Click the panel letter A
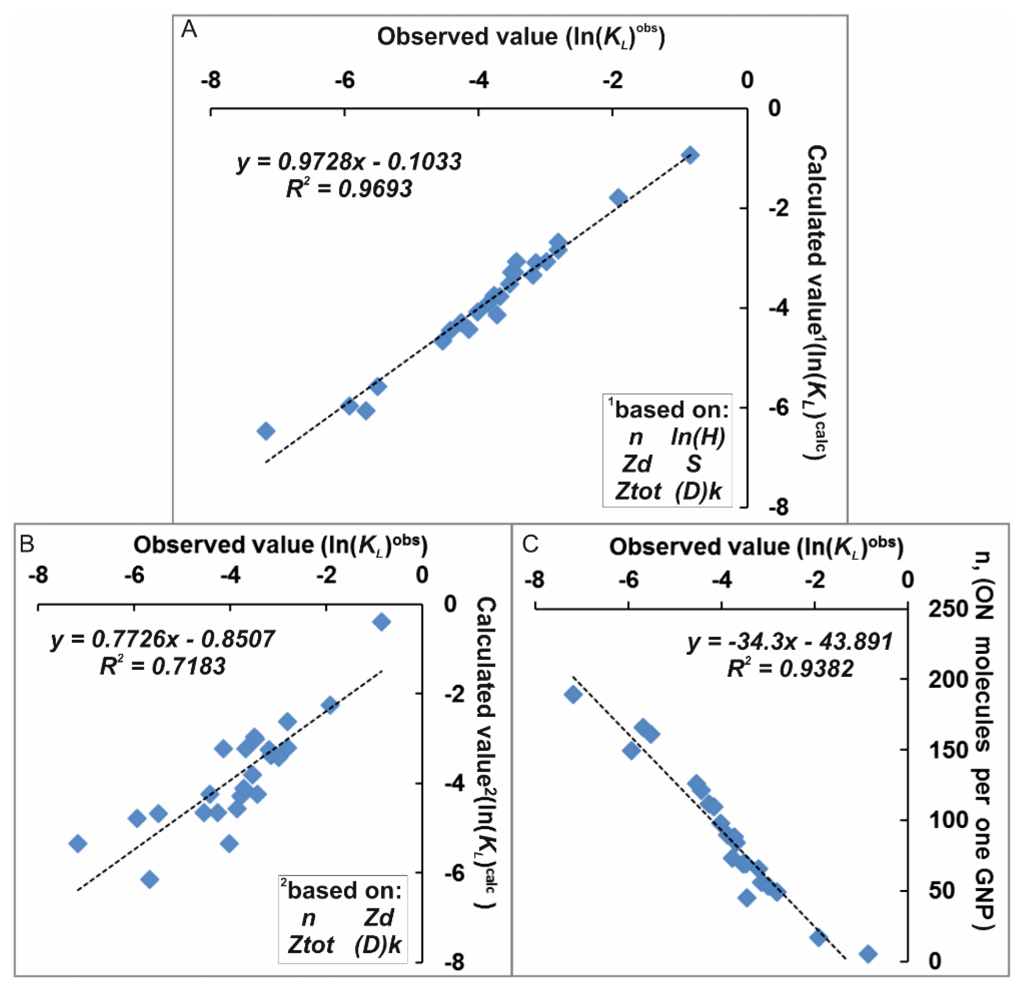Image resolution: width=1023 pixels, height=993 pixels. click(189, 30)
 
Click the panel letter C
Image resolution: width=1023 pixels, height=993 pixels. click(530, 544)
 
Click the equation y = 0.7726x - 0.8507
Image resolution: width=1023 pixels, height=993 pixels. click(162, 639)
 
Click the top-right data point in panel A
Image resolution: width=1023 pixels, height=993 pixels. click(691, 155)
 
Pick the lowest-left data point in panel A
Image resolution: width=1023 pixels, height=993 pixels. click(266, 431)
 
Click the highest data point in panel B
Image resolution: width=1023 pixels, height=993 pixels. click(382, 622)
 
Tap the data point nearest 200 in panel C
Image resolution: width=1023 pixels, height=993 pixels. click(573, 695)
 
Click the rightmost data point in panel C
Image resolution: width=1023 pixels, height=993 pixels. click(868, 954)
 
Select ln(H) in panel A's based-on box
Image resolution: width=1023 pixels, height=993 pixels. click(698, 437)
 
